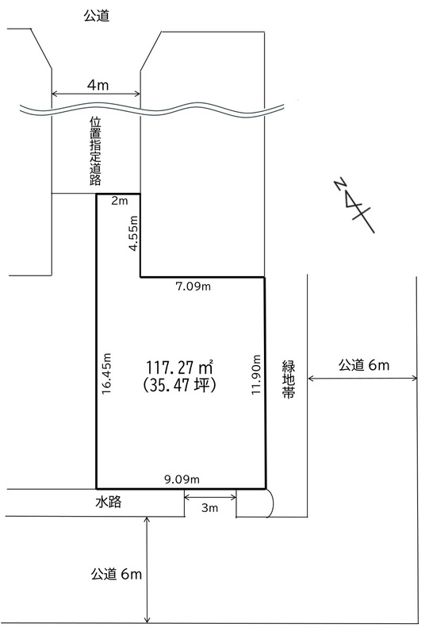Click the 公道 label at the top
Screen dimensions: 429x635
96,15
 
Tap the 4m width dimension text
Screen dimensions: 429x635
98,85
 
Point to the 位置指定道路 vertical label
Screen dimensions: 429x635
95,151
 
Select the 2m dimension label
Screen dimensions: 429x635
119,201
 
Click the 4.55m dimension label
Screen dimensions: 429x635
133,233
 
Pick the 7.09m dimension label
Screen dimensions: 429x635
193,287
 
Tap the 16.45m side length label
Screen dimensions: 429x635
106,373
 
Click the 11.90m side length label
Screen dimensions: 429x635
256,375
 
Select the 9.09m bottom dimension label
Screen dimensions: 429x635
182,479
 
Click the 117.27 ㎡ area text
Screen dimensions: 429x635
179,368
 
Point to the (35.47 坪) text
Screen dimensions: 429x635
179,385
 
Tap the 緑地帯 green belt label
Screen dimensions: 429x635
289,379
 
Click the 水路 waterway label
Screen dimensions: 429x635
109,502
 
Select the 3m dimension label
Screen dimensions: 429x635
209,507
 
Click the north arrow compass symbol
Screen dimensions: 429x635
354,205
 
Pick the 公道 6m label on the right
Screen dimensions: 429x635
364,365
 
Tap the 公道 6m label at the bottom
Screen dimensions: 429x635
117,574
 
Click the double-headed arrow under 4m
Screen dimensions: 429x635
96,94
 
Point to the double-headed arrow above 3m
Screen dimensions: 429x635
210,497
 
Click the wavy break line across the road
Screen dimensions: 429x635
152,110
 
